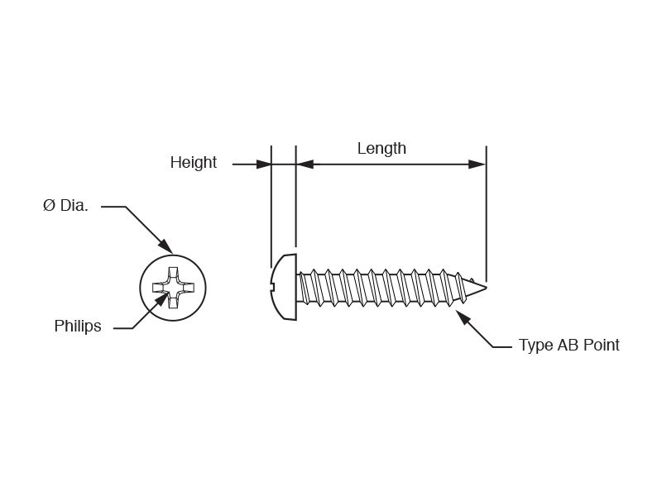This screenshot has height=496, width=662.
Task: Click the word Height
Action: [x=193, y=163]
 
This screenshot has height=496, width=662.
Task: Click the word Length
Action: [x=381, y=149]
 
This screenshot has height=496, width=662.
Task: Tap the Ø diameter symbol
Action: [x=49, y=206]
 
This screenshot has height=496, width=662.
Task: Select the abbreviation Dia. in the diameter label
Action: [x=74, y=206]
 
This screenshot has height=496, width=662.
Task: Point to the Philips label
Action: [x=78, y=327]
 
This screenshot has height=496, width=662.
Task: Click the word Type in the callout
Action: [x=535, y=346]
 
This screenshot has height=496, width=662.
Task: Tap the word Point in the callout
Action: [x=602, y=346]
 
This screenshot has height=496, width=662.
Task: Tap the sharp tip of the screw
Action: [x=486, y=288]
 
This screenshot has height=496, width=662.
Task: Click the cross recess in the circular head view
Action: [x=173, y=288]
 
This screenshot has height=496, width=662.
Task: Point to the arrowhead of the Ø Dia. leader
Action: [x=165, y=246]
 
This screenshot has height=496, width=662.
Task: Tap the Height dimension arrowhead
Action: [x=265, y=165]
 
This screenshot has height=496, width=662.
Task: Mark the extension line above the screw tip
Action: [x=487, y=215]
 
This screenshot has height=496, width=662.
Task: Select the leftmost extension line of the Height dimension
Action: [x=271, y=207]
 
